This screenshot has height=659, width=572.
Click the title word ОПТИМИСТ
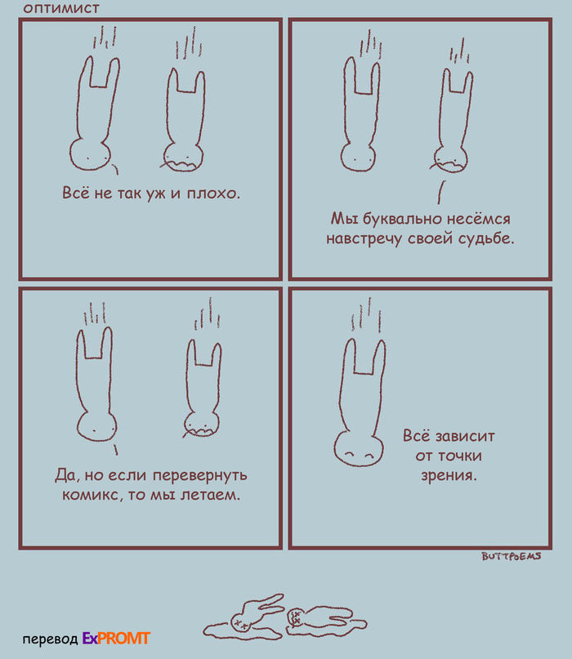coord(61,8)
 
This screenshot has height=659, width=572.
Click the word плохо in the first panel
coord(213,194)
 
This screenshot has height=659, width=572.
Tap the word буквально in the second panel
coord(403,219)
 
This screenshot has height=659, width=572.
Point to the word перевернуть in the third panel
coord(199,476)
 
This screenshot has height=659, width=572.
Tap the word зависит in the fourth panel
coord(465,436)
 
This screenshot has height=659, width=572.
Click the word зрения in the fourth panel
coord(449,475)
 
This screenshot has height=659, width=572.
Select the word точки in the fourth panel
coord(460,456)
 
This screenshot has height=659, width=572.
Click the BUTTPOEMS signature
coord(512,556)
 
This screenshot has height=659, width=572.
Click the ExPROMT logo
coord(116,639)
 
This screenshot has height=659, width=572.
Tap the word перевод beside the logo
coord(50,639)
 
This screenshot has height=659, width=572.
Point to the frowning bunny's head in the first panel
coord(183,158)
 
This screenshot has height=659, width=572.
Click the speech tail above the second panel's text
coord(440,192)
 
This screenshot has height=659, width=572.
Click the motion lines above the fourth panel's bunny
coord(366,314)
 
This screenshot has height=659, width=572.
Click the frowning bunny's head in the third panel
coord(202,424)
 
